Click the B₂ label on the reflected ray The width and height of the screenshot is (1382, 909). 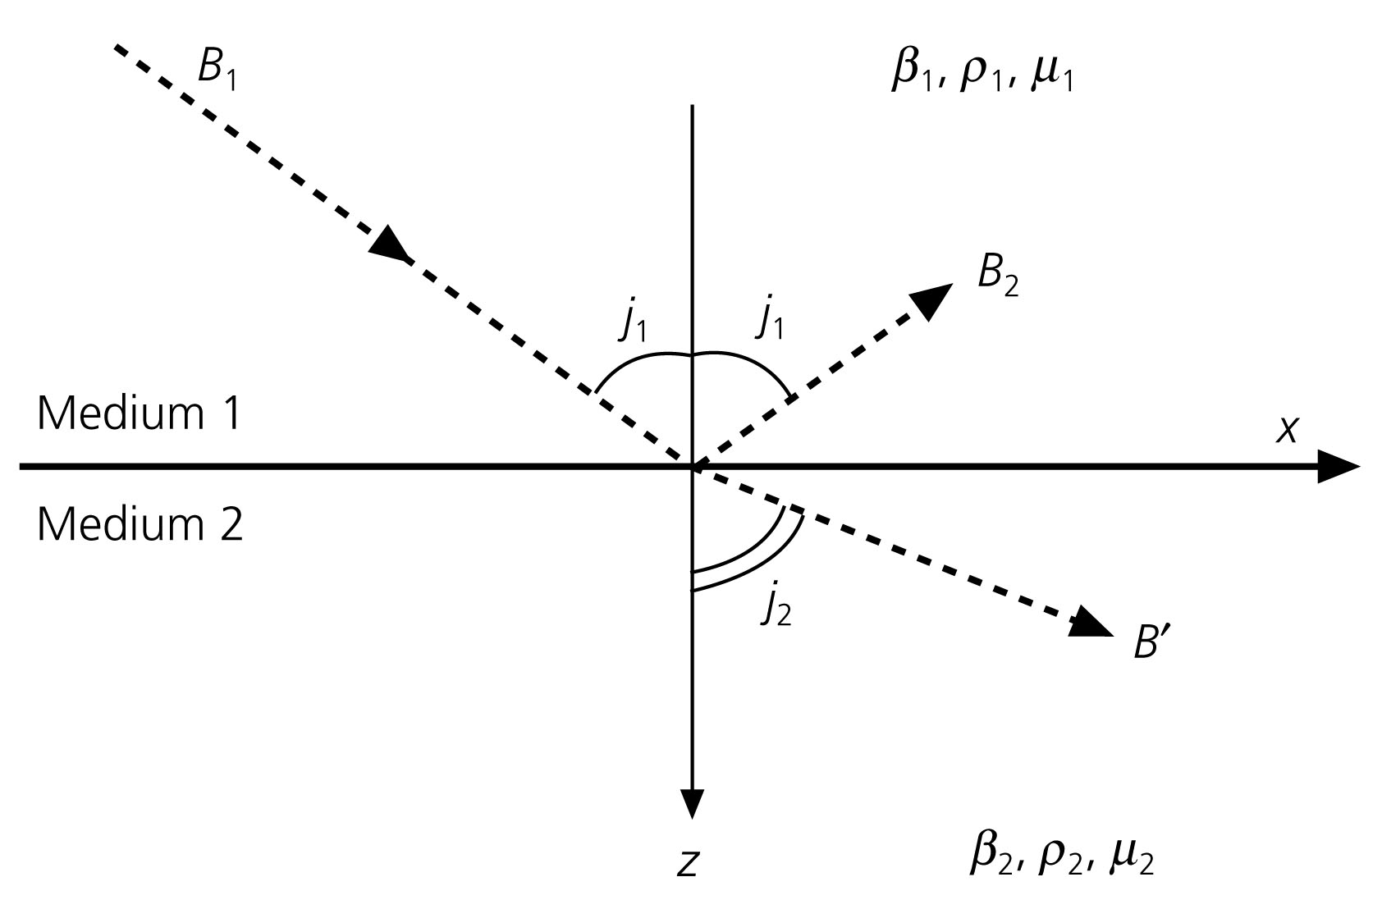click(997, 276)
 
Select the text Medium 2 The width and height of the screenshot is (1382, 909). click(140, 523)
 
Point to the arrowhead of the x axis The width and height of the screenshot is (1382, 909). click(1338, 467)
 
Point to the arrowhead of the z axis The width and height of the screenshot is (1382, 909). click(693, 803)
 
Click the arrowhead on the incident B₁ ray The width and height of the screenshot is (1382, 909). click(389, 244)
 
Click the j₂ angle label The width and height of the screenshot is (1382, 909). click(776, 608)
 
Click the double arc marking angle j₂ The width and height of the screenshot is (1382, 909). click(759, 558)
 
